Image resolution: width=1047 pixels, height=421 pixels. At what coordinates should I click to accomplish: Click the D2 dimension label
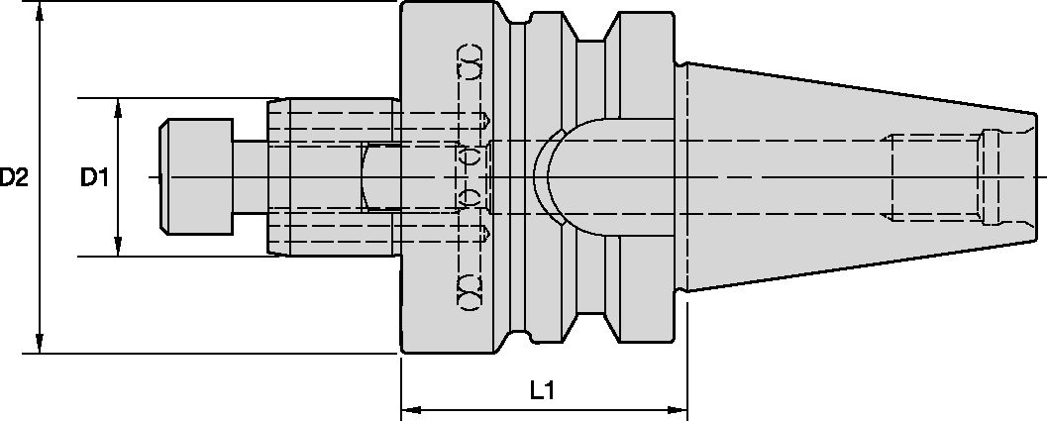(x=14, y=178)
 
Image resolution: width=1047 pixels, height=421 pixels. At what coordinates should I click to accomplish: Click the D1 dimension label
(x=95, y=178)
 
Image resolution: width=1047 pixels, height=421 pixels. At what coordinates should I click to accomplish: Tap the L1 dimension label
(x=541, y=391)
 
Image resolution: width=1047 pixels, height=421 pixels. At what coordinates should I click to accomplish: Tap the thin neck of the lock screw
(x=249, y=176)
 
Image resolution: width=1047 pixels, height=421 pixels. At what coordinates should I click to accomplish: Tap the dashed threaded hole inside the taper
(x=936, y=178)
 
